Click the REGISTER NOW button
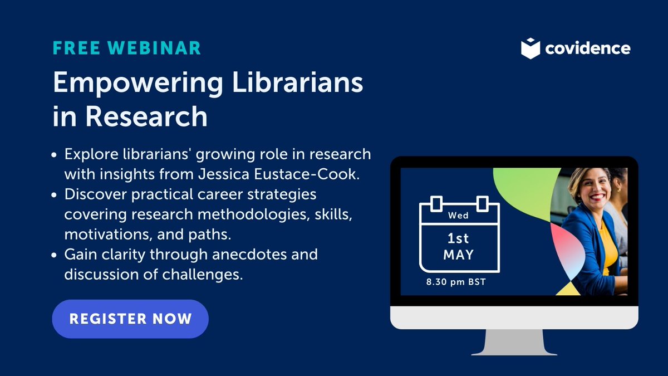[x=130, y=319]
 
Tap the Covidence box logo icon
[x=531, y=48]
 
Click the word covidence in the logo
[x=588, y=48]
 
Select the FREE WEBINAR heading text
[x=127, y=48]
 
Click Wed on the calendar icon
[x=459, y=215]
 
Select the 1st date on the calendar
[x=459, y=238]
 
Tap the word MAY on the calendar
[x=459, y=256]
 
